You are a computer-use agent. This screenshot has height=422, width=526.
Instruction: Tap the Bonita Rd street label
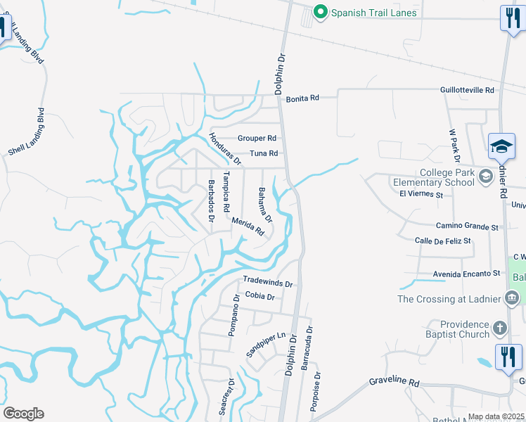coord(302,98)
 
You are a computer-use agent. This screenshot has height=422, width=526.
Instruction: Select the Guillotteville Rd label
coord(467,90)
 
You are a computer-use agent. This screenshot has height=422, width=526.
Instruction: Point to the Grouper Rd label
coord(257,139)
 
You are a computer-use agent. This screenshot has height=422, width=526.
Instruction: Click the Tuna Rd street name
coord(264,153)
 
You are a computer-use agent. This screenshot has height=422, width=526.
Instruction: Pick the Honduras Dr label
coord(225,149)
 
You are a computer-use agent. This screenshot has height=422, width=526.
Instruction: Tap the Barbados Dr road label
coord(211,200)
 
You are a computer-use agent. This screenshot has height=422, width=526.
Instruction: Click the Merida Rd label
coord(248,226)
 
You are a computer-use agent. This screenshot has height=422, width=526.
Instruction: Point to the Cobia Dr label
coord(259,297)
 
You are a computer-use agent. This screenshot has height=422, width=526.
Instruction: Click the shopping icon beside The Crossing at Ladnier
coord(512,299)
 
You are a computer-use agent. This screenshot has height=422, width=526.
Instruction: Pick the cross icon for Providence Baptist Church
coord(499,328)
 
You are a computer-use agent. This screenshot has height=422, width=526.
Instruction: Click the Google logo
coord(23,414)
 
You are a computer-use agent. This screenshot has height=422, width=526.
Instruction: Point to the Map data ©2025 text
coord(495,416)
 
